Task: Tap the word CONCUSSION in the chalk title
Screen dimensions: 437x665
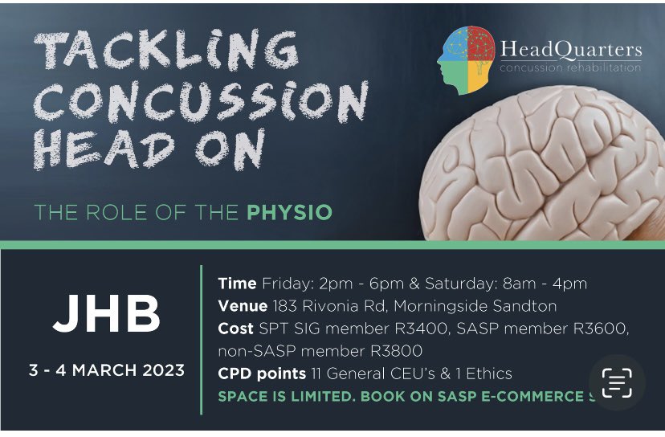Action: (x=202, y=103)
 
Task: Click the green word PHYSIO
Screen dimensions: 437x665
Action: (x=289, y=213)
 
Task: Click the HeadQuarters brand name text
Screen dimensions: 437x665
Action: (x=570, y=50)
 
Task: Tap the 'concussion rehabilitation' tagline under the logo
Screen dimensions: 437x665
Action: (x=570, y=67)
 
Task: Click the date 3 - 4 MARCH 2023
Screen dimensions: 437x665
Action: (x=107, y=371)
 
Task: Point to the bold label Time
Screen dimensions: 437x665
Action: (x=237, y=284)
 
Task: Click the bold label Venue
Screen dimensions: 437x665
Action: (x=243, y=306)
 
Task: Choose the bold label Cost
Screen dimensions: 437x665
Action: (x=235, y=329)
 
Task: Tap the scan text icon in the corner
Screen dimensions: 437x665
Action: (x=617, y=383)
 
